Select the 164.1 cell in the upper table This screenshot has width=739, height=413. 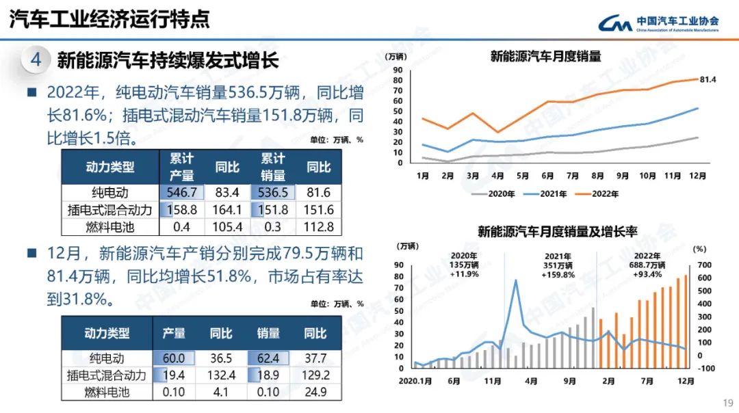coord(227,210)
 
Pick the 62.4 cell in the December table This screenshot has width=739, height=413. coord(268,358)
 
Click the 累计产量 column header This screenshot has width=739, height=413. coord(182,167)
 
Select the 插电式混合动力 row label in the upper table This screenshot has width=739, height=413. coord(109,210)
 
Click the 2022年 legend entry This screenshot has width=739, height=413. coord(603,194)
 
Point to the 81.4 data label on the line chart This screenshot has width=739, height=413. coord(708,80)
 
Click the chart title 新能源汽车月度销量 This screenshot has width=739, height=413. coord(545,57)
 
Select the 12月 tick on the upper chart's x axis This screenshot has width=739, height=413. coord(697,176)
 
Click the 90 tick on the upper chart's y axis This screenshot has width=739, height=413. coord(398,70)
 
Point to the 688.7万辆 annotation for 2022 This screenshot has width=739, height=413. coord(647,265)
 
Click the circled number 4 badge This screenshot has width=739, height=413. coord(36,60)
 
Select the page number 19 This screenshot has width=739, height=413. coord(727,402)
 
